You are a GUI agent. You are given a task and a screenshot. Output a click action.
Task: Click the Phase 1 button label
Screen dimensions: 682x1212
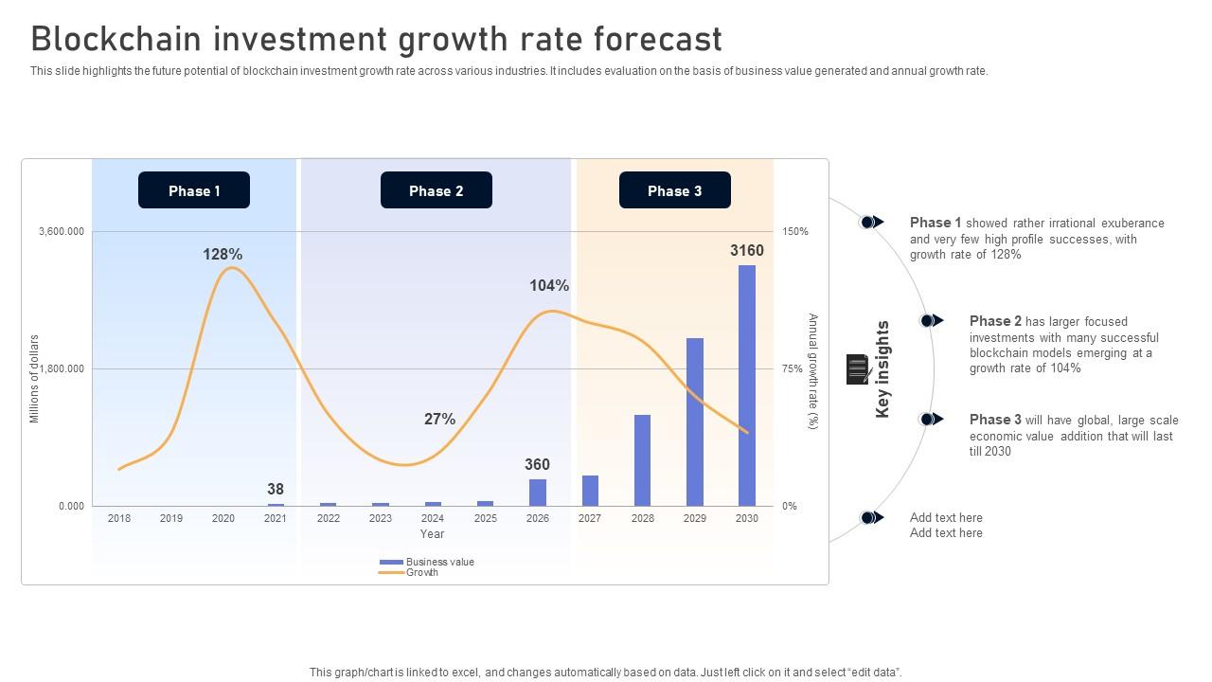pos(194,190)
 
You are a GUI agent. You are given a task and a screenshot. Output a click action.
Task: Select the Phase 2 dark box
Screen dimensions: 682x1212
pos(436,190)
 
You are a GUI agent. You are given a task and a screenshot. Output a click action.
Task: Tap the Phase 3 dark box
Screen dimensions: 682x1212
pos(674,190)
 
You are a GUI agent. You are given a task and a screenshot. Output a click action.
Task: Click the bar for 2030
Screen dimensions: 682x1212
pos(747,386)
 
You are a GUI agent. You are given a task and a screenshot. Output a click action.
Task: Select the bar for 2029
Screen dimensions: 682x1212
pos(695,422)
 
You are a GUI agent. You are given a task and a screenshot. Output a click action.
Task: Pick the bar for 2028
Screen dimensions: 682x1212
pos(642,460)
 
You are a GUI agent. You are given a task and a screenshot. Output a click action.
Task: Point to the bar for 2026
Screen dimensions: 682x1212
pos(538,493)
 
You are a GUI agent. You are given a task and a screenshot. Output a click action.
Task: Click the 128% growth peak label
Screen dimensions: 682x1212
pos(223,254)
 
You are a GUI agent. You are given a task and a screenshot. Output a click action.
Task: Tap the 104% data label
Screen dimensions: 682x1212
pos(549,285)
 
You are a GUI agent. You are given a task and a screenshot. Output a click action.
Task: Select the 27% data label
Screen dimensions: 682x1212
pos(439,419)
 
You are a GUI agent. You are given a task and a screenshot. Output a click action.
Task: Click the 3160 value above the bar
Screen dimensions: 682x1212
pos(746,250)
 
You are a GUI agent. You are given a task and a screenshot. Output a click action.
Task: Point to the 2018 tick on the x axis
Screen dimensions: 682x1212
pos(119,518)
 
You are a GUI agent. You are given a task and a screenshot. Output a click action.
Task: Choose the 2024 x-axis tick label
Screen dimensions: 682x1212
pos(433,518)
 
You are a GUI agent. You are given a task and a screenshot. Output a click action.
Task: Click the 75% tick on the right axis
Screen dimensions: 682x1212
pos(793,369)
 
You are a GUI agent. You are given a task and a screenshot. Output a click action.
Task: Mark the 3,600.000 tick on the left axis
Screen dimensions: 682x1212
pos(62,231)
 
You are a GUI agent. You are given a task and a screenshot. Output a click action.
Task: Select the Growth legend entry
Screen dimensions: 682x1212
pos(421,572)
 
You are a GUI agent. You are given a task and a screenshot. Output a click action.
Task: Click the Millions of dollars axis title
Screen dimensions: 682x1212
pos(34,378)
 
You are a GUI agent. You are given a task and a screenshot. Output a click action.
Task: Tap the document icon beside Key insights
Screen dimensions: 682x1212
pos(858,368)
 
